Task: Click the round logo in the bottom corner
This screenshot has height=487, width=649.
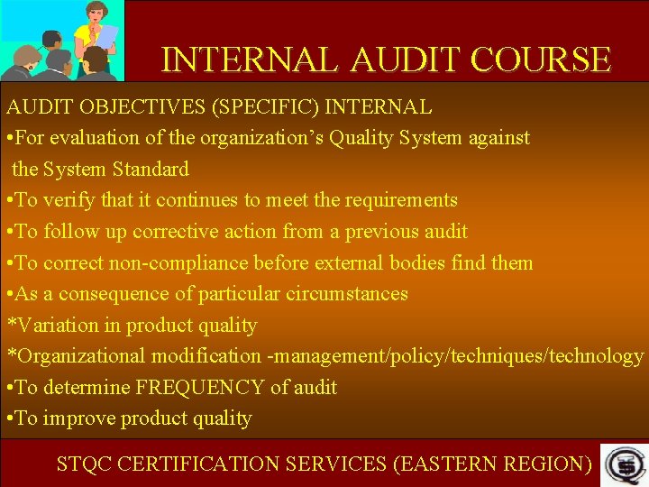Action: coord(622,464)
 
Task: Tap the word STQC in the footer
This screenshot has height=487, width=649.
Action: coord(84,464)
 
